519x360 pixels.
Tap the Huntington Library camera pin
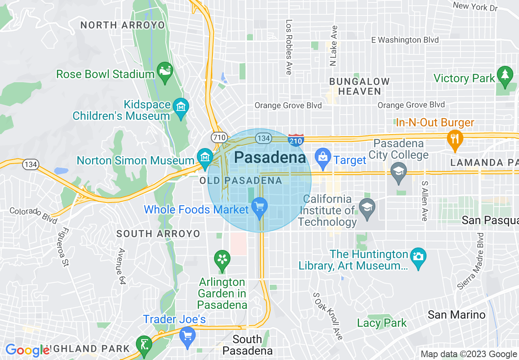click(418, 258)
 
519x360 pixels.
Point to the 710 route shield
click(217, 137)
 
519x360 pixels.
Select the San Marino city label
click(456, 315)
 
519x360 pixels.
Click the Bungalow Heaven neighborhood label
click(360, 86)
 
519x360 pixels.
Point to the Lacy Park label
click(382, 323)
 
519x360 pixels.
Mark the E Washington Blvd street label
click(405, 40)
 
